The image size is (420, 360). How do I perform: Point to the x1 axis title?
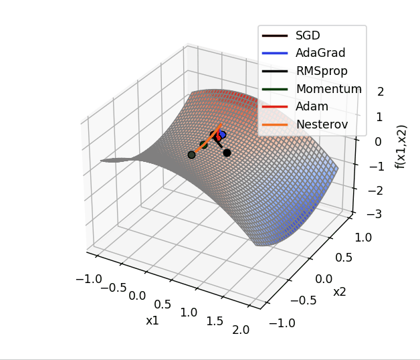pyautogui.click(x=152, y=320)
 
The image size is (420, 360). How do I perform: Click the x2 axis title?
pyautogui.click(x=340, y=292)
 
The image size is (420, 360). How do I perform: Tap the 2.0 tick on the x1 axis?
pyautogui.click(x=241, y=329)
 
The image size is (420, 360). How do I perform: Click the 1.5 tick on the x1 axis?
pyautogui.click(x=215, y=321)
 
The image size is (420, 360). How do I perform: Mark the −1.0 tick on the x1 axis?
pyautogui.click(x=89, y=278)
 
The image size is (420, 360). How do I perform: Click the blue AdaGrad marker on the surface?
pyautogui.click(x=222, y=134)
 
